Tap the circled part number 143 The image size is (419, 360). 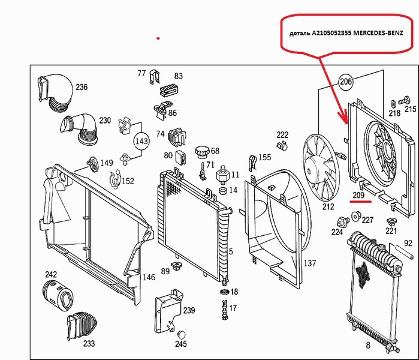pyautogui.click(x=141, y=142)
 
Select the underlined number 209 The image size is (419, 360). pyautogui.click(x=359, y=196)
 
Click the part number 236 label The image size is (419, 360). pyautogui.click(x=81, y=87)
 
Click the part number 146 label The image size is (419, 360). pyautogui.click(x=148, y=277)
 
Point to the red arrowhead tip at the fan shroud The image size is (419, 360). pyautogui.click(x=347, y=122)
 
